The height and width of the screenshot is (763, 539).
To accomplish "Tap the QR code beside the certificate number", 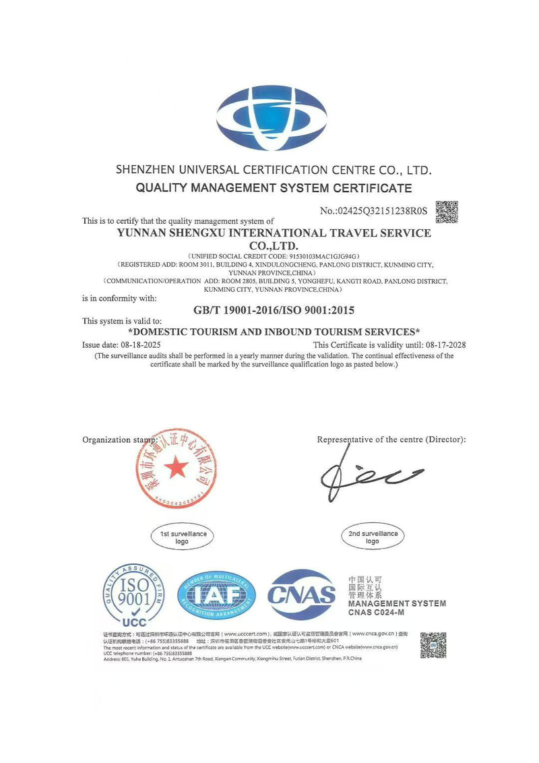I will (x=447, y=212).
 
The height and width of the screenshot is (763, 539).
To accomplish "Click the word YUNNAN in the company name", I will (x=144, y=233).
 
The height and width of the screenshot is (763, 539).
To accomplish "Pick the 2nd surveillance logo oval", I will (x=373, y=537).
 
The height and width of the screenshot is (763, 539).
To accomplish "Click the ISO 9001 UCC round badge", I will (x=133, y=596).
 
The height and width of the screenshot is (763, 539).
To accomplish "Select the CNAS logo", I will (x=301, y=594).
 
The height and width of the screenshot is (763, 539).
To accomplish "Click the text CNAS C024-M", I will (x=376, y=612).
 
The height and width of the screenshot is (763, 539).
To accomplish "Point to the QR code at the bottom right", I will (x=433, y=645).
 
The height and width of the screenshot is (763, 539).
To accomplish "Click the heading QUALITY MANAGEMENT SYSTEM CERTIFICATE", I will (x=274, y=188).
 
